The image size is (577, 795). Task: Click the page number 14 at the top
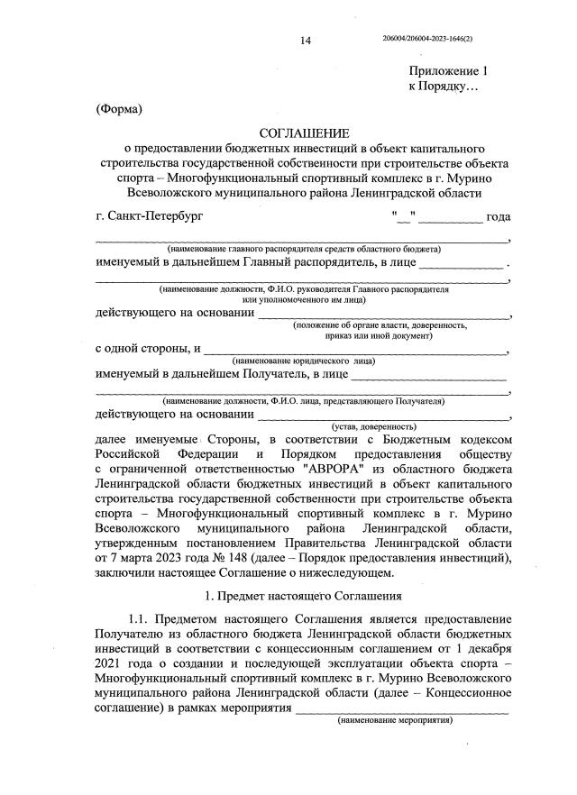click(x=305, y=41)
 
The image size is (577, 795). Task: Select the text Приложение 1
click(x=448, y=71)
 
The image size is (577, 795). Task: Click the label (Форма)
click(x=119, y=110)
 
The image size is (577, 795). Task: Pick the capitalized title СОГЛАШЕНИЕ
click(x=303, y=132)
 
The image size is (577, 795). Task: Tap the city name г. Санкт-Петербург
click(x=150, y=217)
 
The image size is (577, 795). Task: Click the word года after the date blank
click(x=499, y=217)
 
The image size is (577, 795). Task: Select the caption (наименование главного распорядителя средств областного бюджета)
click(x=302, y=248)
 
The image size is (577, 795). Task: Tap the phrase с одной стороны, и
click(x=148, y=348)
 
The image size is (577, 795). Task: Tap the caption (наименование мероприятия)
click(x=393, y=722)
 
